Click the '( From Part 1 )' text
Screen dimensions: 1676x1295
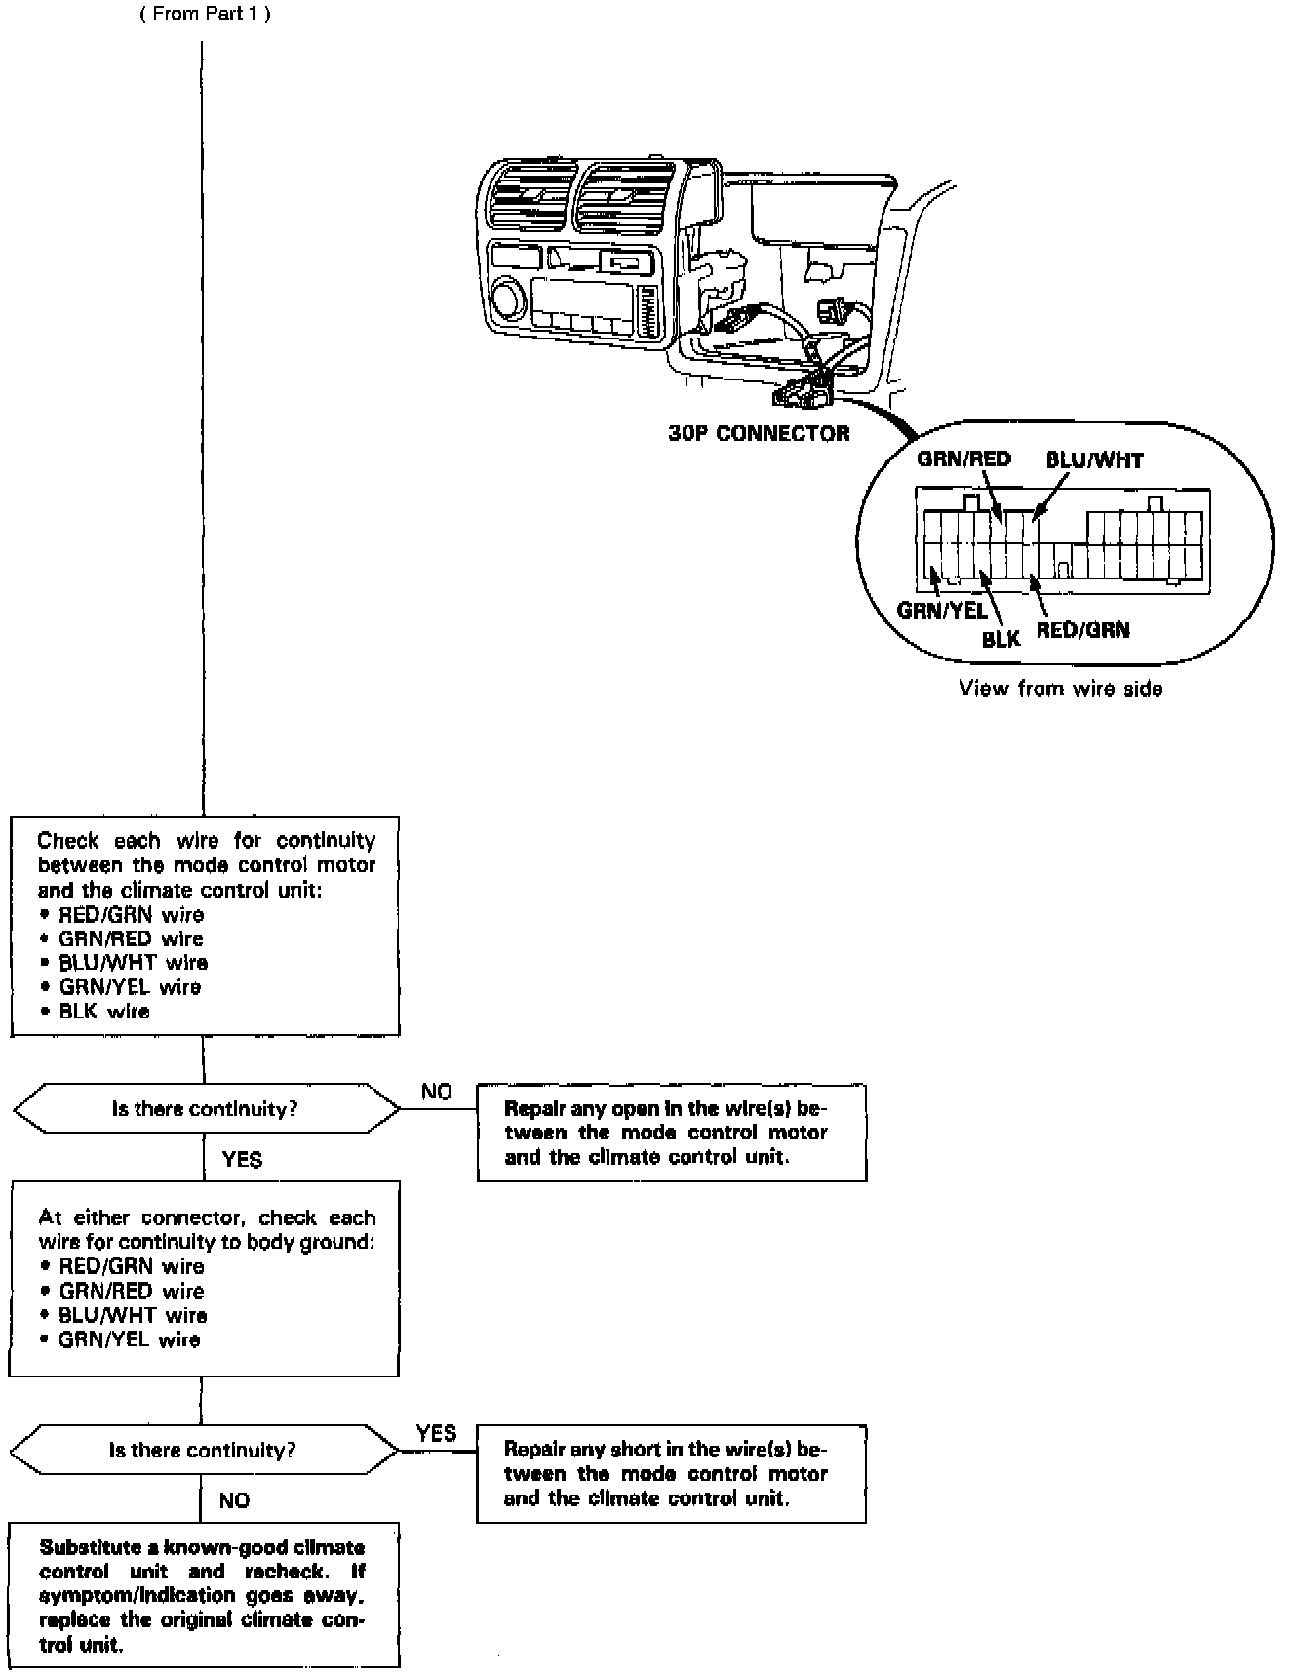point(206,14)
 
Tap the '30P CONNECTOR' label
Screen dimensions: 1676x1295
point(759,434)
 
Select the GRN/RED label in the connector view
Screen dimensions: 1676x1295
point(963,459)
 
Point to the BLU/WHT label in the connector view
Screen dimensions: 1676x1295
point(1094,460)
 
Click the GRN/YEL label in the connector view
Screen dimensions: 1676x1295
point(942,611)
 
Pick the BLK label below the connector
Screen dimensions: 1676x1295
point(1001,639)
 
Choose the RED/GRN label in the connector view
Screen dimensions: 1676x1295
point(1082,630)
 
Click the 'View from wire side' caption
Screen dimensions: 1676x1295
point(1060,689)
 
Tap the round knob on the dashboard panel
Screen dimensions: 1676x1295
point(508,297)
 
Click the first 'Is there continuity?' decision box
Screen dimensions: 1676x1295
point(205,1109)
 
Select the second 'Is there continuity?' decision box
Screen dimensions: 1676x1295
point(203,1451)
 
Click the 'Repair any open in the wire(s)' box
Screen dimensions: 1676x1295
point(671,1133)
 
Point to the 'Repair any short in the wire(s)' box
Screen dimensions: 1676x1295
point(671,1474)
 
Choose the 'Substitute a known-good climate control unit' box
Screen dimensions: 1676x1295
point(204,1595)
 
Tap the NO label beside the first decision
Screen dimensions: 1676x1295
point(436,1092)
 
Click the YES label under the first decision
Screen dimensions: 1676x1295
point(242,1159)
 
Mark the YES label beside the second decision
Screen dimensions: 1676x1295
point(436,1433)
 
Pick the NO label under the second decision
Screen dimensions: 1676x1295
point(234,1500)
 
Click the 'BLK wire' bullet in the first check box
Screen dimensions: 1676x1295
point(103,1012)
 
